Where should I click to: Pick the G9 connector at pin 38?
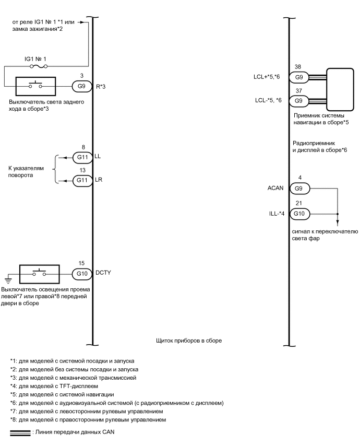tap(298, 77)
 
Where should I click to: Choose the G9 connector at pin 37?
tap(298, 100)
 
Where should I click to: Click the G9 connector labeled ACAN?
tap(298, 188)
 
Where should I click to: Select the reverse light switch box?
tap(36, 86)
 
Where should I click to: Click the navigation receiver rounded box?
tap(344, 89)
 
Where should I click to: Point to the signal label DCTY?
tap(103, 273)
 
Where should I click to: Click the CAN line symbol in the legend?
tap(20, 433)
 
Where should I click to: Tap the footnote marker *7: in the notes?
tap(14, 411)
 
